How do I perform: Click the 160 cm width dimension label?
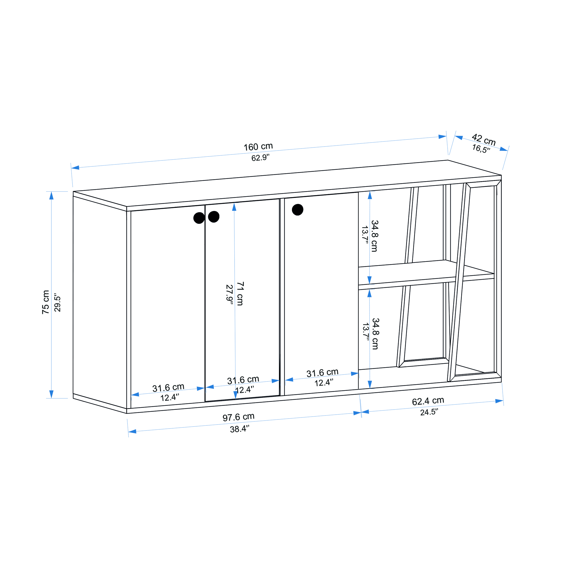click(x=258, y=147)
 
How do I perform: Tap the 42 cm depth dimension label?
click(x=484, y=140)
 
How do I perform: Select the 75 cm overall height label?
click(x=45, y=302)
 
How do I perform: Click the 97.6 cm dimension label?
click(x=239, y=417)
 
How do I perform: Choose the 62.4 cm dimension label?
click(x=428, y=401)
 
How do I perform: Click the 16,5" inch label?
click(x=481, y=149)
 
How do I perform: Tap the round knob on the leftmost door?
click(x=199, y=218)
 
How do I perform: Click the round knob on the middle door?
click(x=214, y=217)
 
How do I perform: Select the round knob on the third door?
click(x=298, y=210)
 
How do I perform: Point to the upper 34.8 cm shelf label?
click(x=374, y=236)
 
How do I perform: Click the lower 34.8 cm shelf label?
click(x=375, y=334)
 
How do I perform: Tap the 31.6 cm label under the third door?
click(x=322, y=373)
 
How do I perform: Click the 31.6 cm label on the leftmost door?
click(x=168, y=388)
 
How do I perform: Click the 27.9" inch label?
click(x=229, y=294)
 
